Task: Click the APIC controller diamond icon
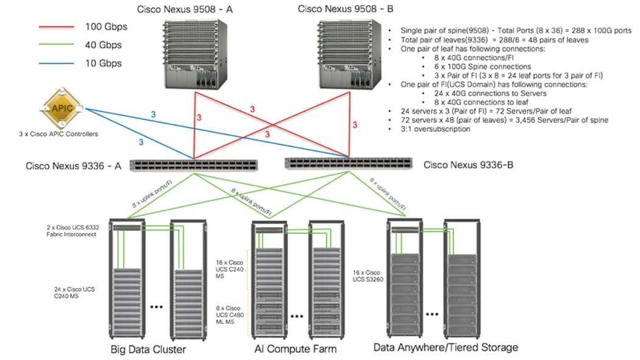[x=62, y=109]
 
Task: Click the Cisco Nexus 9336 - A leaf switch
[x=194, y=165]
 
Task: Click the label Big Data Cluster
[x=148, y=350]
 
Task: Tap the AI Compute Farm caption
[x=295, y=349]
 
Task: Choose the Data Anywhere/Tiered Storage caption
[x=446, y=347]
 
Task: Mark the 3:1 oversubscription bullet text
[x=435, y=129]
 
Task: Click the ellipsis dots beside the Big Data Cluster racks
[x=157, y=307]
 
